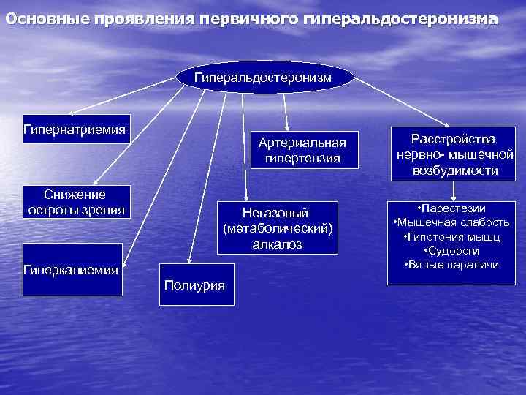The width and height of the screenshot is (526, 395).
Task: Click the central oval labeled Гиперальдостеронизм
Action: point(263,77)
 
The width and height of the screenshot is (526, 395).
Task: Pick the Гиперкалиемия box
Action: point(72,269)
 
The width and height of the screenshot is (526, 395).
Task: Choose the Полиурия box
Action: point(196,284)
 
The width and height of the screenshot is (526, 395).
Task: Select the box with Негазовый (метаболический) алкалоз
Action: point(278,228)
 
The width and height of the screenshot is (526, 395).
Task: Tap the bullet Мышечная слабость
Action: point(453,222)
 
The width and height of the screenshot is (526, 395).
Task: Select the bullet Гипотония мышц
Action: point(453,236)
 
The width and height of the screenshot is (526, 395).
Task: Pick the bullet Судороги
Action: point(454,250)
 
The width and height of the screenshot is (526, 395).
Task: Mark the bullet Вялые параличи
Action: point(453,264)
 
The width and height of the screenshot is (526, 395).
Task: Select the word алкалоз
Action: point(278,244)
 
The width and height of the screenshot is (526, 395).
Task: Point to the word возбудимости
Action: point(454,171)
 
